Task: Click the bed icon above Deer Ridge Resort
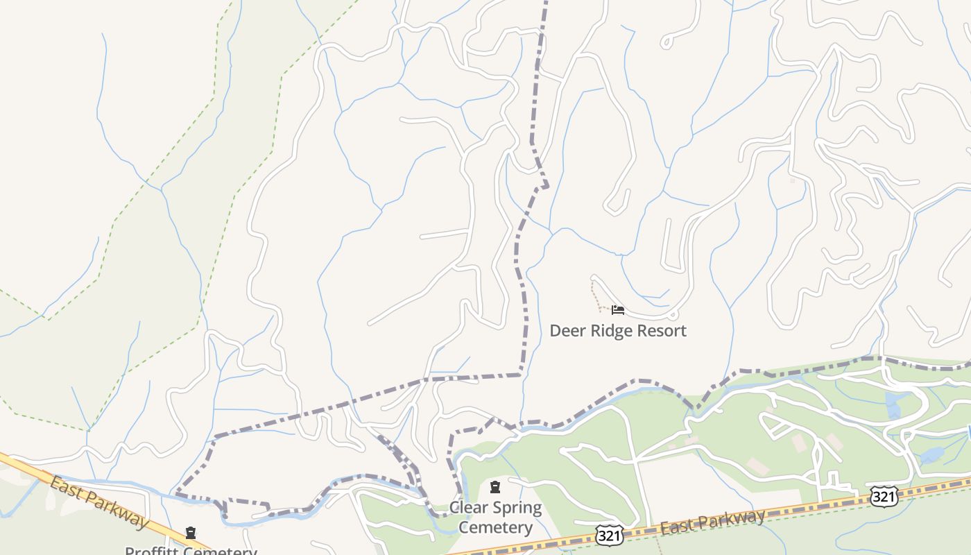pos(617,310)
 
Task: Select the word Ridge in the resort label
pos(612,330)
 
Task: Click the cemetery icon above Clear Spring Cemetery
pos(495,487)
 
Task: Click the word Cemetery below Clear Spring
pos(495,527)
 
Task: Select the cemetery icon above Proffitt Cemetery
pos(191,533)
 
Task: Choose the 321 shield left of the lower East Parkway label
pos(610,534)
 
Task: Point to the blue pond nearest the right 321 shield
pos(931,456)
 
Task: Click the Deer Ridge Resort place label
pos(617,330)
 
